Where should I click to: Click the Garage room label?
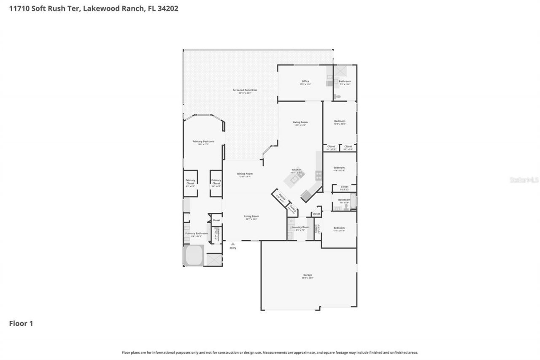click(x=307, y=275)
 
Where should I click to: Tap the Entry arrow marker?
click(x=232, y=244)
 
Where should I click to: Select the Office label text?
click(x=305, y=81)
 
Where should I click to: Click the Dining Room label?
click(x=245, y=174)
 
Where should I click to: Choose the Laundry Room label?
click(x=300, y=227)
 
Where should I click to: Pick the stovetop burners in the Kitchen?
click(x=319, y=175)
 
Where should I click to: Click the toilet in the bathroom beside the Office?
click(x=337, y=97)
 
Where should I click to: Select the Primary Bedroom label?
click(x=203, y=141)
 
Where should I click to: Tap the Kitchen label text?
click(x=297, y=170)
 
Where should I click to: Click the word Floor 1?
click(x=21, y=324)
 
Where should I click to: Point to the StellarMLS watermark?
click(x=524, y=180)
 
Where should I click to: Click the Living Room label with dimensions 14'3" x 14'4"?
click(x=300, y=122)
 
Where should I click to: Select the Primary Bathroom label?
click(x=196, y=233)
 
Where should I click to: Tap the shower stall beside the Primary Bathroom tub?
click(x=214, y=260)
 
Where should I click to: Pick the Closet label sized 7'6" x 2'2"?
click(x=344, y=187)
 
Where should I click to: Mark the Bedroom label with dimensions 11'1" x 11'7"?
click(x=339, y=228)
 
